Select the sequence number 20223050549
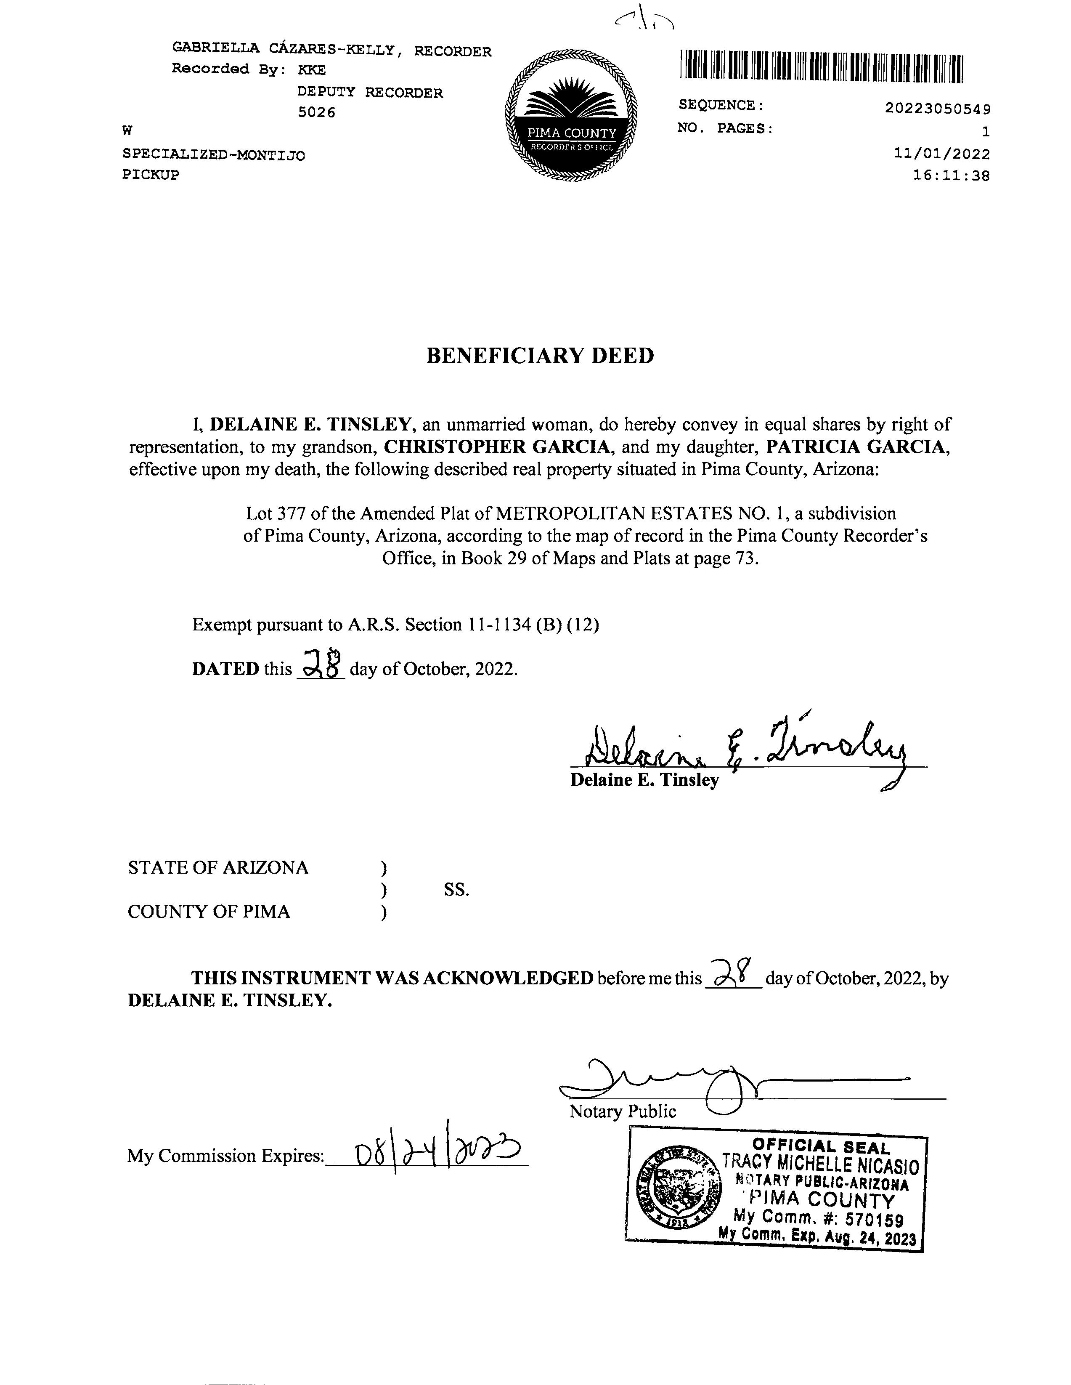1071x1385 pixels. (x=938, y=109)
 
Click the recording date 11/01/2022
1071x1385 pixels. (x=942, y=154)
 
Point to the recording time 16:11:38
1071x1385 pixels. (x=951, y=175)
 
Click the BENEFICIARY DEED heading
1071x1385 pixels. (x=540, y=355)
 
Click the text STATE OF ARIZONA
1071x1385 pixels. (x=218, y=867)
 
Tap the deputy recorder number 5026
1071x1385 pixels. (x=316, y=112)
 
